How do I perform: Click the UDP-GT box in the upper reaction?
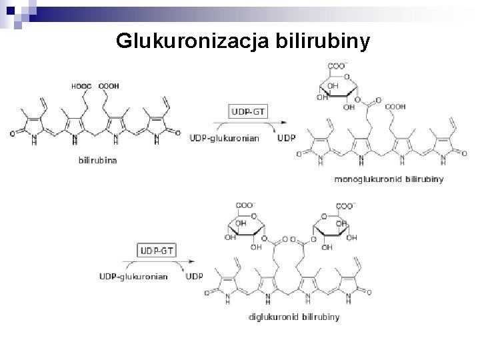coord(248,111)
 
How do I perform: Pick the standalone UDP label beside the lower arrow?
coord(195,277)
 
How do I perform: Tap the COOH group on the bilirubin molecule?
coord(108,85)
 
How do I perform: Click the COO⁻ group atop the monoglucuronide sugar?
coord(337,65)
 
